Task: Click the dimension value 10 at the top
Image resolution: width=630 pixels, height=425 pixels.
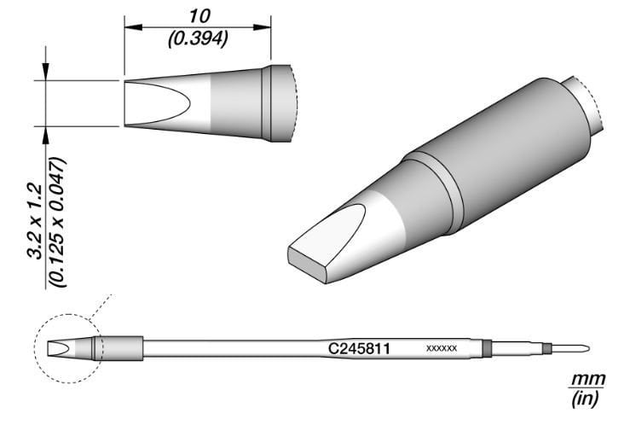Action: [198, 15]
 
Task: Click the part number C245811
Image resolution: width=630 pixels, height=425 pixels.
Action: [359, 348]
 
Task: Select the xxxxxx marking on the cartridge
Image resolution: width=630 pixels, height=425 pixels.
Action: [441, 349]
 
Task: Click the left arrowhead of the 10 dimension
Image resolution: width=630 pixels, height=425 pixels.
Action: [130, 27]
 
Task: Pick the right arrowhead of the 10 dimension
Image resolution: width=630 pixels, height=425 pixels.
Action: [265, 27]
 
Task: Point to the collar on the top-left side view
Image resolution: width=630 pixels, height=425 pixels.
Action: [276, 103]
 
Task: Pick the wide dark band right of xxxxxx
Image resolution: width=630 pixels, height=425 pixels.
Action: [487, 348]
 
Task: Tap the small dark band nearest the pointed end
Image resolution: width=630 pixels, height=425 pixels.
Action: [547, 348]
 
